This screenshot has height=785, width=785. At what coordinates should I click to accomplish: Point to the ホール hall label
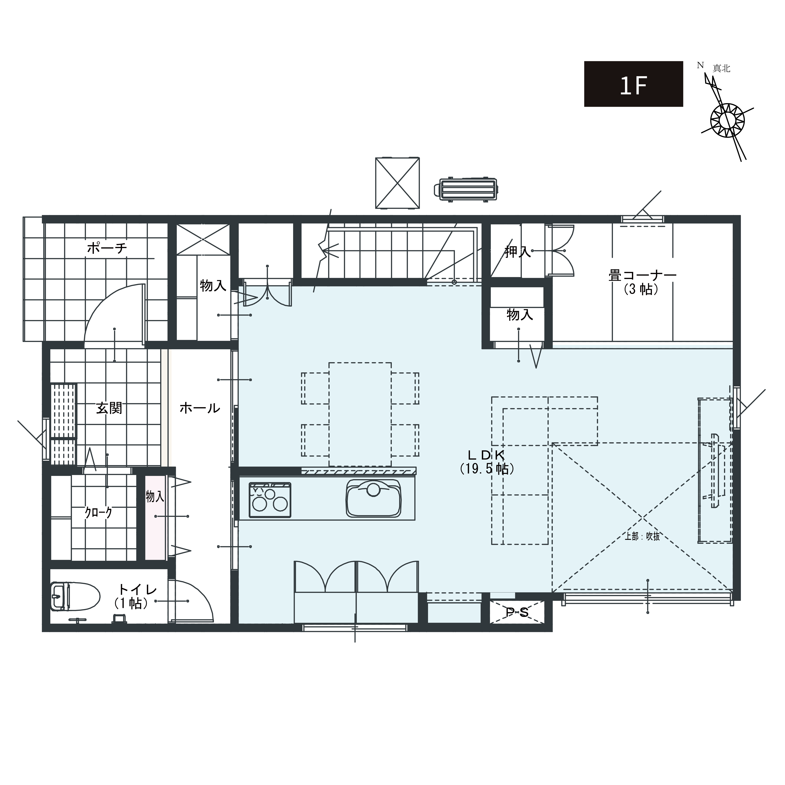pos(199,408)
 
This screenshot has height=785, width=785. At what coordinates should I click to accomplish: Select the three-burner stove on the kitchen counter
pos(270,500)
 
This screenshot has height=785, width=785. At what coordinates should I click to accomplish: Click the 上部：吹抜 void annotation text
pos(642,536)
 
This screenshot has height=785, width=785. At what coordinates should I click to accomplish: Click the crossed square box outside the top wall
pos(397,183)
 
